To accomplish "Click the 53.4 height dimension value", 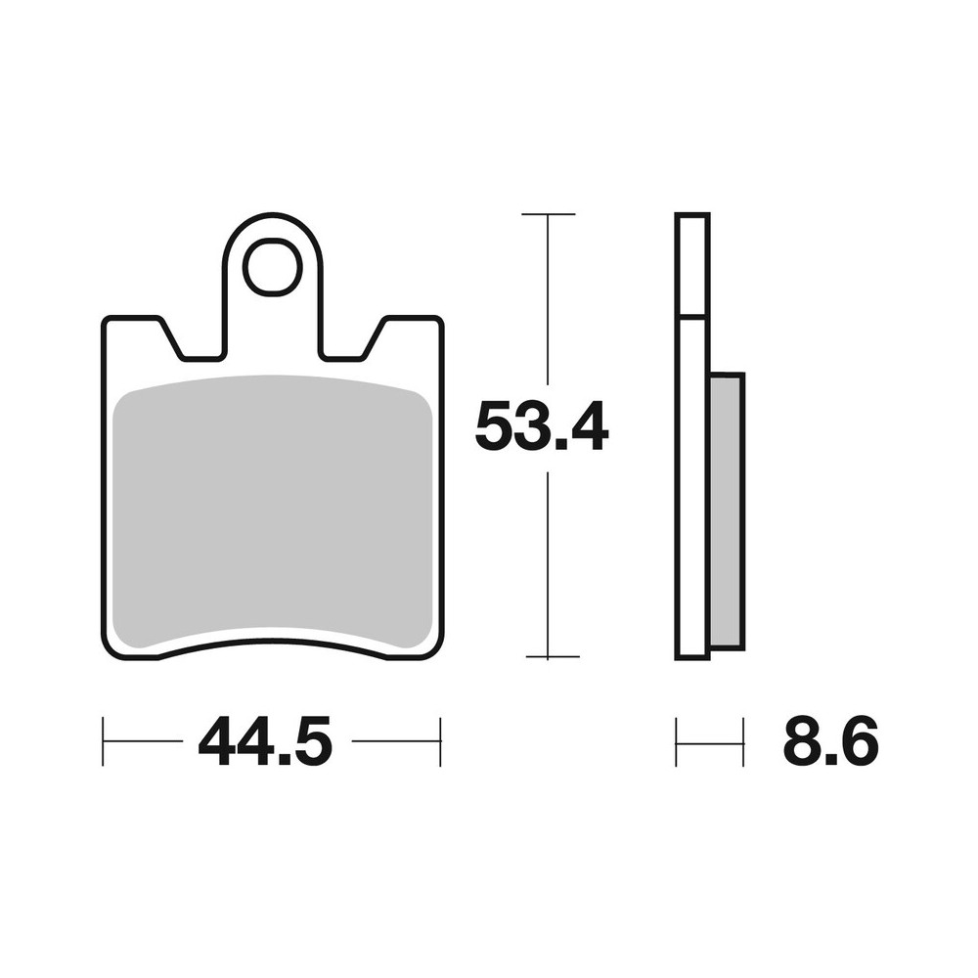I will pos(541,427).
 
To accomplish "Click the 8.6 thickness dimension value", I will pos(830,742).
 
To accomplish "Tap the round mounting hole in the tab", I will pos(272,267).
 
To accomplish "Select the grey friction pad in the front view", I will pos(273,513).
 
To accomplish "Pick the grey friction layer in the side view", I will pos(727,509).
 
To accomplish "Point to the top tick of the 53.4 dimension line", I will pos(548,213).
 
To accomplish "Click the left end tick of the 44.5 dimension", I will pos(104,742).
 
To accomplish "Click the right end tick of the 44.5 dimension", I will pos(441,742).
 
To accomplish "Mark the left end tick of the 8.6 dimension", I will pos(676,742).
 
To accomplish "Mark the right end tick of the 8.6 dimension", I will pos(743,742).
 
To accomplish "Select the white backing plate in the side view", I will pos(691,489).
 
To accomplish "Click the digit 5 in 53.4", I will pos(495,427).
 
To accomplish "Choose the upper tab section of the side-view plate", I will pos(691,265).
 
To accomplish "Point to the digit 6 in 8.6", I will pos(858,742).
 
